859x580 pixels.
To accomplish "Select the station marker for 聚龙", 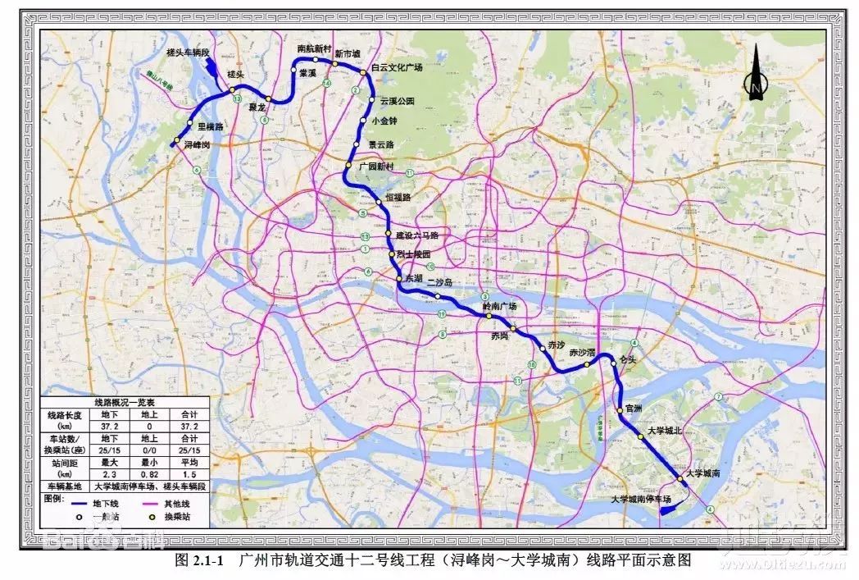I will [x=268, y=100].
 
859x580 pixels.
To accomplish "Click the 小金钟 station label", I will [x=384, y=121].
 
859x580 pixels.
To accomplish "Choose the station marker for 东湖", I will [x=399, y=280].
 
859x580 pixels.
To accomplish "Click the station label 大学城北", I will [x=664, y=430].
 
